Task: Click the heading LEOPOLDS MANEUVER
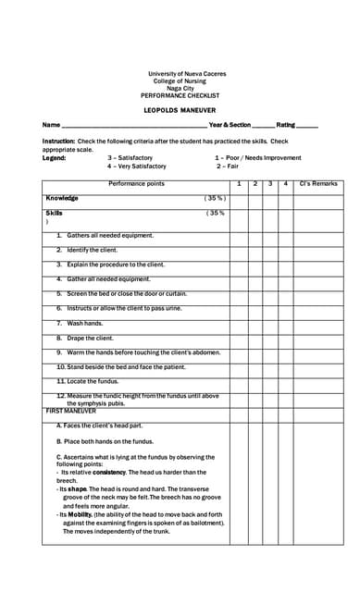point(180,110)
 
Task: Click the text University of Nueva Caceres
point(187,74)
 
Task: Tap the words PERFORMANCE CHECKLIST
point(180,95)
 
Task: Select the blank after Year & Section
point(263,125)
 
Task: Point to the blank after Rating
point(307,125)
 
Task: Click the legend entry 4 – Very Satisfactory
point(136,166)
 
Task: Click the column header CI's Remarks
point(318,184)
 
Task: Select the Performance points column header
point(136,184)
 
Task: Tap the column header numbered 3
point(270,184)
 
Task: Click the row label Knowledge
point(62,198)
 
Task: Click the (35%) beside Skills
point(215,213)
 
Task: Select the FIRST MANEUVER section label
point(71,410)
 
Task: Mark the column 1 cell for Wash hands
point(239,324)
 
